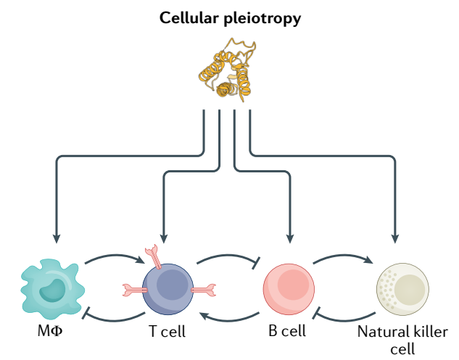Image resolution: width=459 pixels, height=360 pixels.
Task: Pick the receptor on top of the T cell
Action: coord(154,255)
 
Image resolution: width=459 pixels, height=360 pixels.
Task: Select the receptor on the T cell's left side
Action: coord(132,290)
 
